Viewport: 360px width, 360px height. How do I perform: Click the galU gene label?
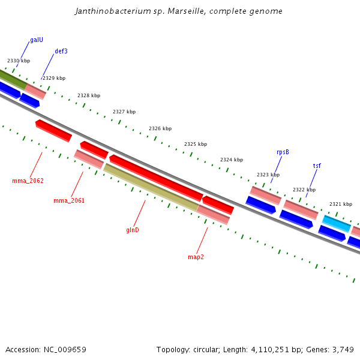click(x=37, y=40)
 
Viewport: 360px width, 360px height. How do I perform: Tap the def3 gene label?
click(x=61, y=52)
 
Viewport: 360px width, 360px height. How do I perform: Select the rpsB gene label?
click(x=283, y=152)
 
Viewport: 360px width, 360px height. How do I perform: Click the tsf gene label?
click(x=317, y=166)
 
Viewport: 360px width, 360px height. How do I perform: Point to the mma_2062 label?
click(x=28, y=181)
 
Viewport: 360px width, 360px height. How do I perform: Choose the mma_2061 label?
click(x=69, y=200)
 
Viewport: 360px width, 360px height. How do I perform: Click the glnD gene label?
click(x=133, y=230)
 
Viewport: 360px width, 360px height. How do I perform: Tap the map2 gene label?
click(x=196, y=257)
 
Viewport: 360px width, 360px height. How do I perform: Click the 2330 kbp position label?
click(x=19, y=61)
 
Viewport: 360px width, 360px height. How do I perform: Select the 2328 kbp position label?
click(x=89, y=95)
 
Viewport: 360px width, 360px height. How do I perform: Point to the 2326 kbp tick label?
click(x=160, y=128)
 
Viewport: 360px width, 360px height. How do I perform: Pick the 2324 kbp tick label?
click(x=232, y=160)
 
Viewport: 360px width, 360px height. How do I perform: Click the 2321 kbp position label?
click(x=341, y=204)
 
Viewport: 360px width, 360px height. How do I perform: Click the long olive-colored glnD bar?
click(x=151, y=188)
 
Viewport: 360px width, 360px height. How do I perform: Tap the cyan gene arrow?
click(x=336, y=223)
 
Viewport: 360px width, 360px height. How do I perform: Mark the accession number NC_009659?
click(x=65, y=349)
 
